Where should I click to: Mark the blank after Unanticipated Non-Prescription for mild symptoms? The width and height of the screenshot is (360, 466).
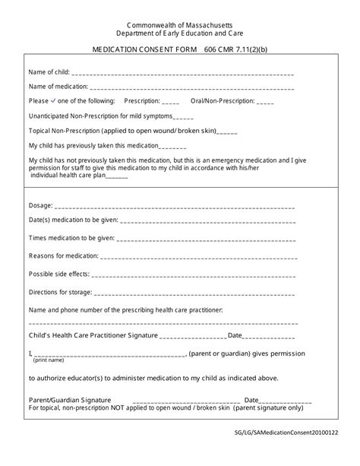click(x=184, y=117)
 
